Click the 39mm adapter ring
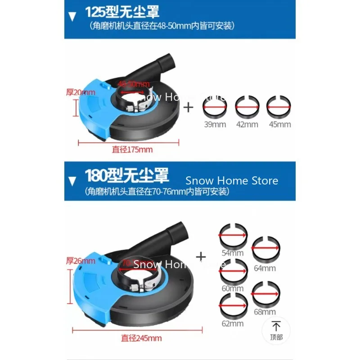pyautogui.click(x=215, y=108)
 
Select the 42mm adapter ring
pyautogui.click(x=247, y=108)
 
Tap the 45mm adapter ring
pyautogui.click(x=279, y=108)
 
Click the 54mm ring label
pyautogui.click(x=233, y=253)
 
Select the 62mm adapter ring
pyautogui.click(x=233, y=306)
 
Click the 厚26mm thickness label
pyautogui.click(x=81, y=261)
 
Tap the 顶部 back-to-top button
pyautogui.click(x=277, y=330)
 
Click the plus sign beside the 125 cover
pyautogui.click(x=188, y=108)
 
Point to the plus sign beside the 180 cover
pyautogui.click(x=201, y=257)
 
